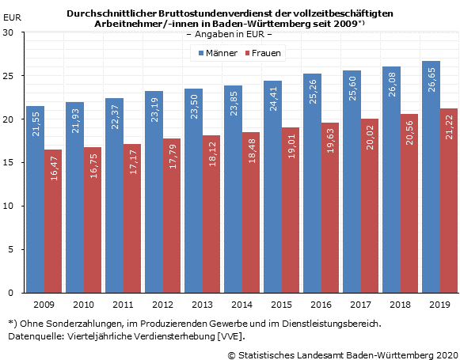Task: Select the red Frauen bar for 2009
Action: point(54,221)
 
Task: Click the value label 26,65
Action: point(431,89)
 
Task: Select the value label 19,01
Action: point(291,155)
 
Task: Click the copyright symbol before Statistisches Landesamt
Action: point(232,354)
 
